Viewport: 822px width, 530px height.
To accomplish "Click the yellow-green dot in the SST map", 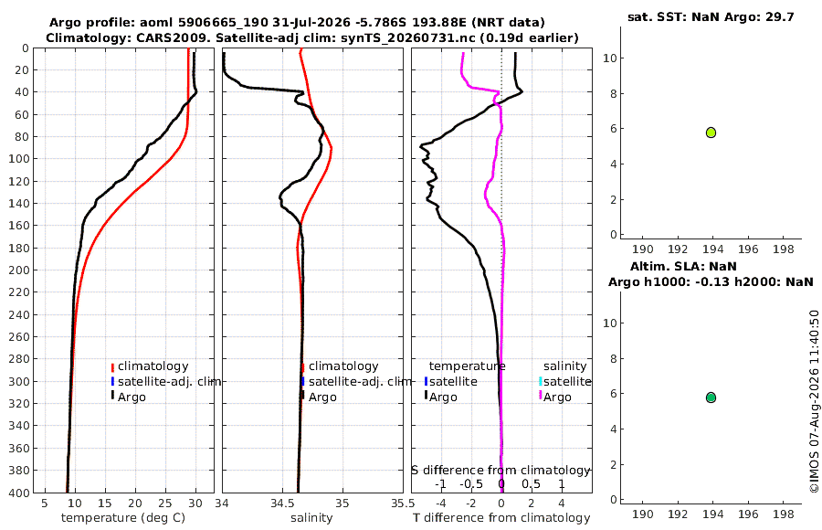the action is coord(711,132).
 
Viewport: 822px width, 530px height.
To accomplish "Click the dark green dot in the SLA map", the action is coord(711,397).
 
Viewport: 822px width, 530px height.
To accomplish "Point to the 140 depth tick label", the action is coord(19,204).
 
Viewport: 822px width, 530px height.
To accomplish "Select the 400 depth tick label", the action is coord(19,493).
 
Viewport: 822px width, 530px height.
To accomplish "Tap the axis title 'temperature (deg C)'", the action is coord(123,518).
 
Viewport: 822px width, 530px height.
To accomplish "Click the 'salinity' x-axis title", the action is coord(311,518).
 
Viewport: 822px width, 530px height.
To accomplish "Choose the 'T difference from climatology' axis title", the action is coord(501,518).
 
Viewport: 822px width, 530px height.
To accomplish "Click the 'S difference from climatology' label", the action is coord(501,471).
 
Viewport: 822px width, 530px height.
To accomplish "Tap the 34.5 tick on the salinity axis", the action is coord(282,503).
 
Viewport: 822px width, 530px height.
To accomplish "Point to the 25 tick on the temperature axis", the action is coord(165,503).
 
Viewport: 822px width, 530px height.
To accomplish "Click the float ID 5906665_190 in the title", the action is coord(224,23).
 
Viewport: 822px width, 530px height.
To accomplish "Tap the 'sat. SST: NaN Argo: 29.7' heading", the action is coord(711,16).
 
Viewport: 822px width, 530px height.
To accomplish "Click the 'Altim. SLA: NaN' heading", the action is coord(683,266).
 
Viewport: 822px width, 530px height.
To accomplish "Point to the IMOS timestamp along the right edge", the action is coord(814,401).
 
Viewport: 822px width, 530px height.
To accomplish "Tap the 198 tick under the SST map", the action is coord(784,249).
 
